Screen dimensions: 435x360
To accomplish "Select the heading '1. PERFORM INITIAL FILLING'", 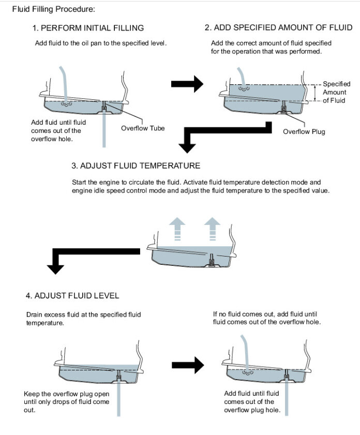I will [x=88, y=27].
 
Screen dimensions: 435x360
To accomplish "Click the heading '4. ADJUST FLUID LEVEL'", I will [x=72, y=295].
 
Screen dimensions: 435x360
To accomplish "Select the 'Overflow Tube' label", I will [x=143, y=128].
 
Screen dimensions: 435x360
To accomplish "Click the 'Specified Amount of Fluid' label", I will [x=336, y=92].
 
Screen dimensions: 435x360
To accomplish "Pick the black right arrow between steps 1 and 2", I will [x=187, y=83].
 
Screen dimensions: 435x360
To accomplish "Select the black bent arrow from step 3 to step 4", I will [x=93, y=256].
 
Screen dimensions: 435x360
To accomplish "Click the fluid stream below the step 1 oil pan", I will [x=104, y=134].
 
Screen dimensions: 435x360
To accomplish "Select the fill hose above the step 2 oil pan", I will [x=241, y=78].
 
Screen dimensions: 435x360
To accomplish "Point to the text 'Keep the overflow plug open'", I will [x=64, y=394].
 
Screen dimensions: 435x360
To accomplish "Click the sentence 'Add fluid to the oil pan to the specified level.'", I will [x=101, y=43].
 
